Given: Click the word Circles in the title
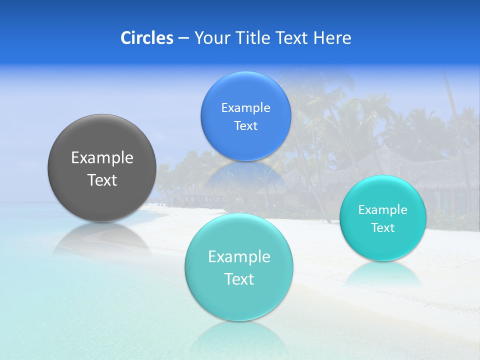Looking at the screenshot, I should coord(146,38).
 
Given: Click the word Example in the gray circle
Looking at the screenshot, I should coord(102,158).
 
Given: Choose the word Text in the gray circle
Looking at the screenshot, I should coord(102,180).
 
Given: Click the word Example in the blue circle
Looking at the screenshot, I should coord(245,108).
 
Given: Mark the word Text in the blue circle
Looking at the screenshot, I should coord(245,126).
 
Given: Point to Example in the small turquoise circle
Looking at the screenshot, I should coord(383,210).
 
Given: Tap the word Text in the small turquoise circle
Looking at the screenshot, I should coord(383,228).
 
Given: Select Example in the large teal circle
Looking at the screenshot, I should coord(239,257).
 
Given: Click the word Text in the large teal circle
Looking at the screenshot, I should coord(239,279).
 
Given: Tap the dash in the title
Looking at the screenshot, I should coord(183,38).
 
